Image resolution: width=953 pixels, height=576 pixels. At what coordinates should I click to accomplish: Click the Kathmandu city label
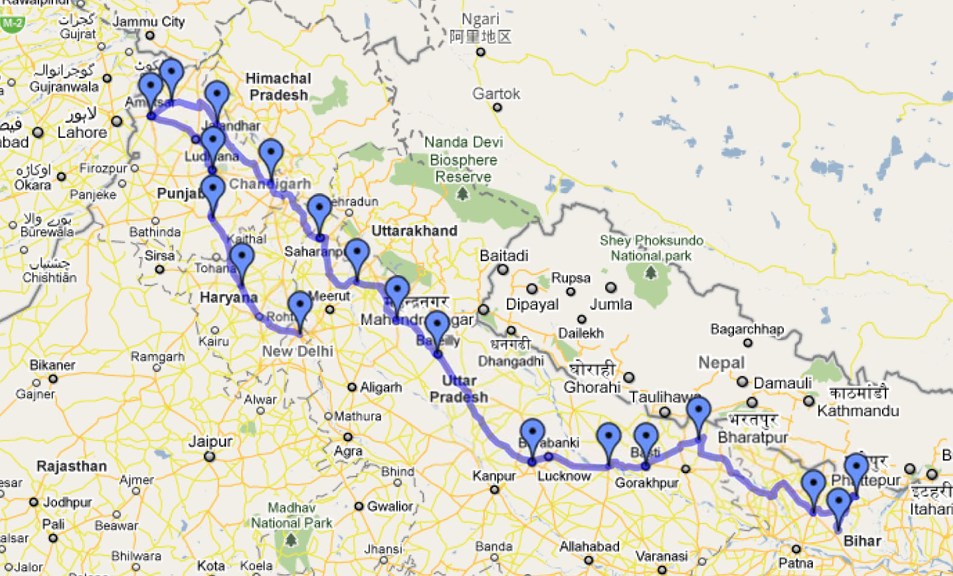(858, 411)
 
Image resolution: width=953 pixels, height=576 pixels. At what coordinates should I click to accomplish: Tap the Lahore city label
(82, 132)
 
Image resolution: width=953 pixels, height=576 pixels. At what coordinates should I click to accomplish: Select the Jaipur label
(211, 441)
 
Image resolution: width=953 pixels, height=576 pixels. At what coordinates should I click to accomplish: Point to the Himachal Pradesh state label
(279, 87)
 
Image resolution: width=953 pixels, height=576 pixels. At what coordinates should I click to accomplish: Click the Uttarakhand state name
(414, 231)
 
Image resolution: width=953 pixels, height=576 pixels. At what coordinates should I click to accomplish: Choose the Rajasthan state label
(72, 466)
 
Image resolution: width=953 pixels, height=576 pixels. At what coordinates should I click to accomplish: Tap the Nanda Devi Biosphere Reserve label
(463, 159)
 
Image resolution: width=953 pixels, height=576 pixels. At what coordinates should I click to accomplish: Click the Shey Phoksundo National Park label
(651, 248)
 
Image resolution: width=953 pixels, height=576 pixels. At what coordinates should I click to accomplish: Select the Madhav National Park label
(292, 515)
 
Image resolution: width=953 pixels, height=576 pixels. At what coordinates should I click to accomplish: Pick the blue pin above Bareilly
(437, 327)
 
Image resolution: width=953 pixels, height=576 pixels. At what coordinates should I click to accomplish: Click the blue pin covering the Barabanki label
(532, 435)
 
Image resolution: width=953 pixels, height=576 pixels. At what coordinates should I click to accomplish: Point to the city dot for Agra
(348, 436)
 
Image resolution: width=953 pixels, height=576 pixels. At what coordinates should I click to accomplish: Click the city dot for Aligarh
(352, 387)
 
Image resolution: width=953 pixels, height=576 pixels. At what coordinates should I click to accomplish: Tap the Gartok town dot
(497, 108)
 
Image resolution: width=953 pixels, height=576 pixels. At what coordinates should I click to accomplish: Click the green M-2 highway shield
(12, 24)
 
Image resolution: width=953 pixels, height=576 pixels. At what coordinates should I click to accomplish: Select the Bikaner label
(52, 365)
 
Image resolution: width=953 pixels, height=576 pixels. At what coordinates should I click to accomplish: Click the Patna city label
(795, 563)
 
